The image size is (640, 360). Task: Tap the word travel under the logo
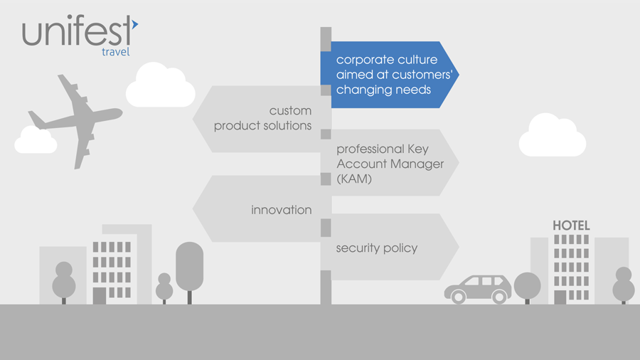(114, 52)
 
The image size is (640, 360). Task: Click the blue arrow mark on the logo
(134, 24)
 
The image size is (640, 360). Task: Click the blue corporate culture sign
(388, 75)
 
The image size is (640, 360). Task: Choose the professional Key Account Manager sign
(391, 164)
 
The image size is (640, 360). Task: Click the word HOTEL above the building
(571, 226)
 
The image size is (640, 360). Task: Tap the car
(478, 288)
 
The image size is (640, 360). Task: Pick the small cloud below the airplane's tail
(36, 140)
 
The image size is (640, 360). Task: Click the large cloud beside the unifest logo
(161, 86)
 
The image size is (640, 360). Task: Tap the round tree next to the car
(527, 285)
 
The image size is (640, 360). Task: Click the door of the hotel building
(560, 297)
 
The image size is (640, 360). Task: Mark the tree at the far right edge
(624, 284)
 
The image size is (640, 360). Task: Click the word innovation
(282, 210)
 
